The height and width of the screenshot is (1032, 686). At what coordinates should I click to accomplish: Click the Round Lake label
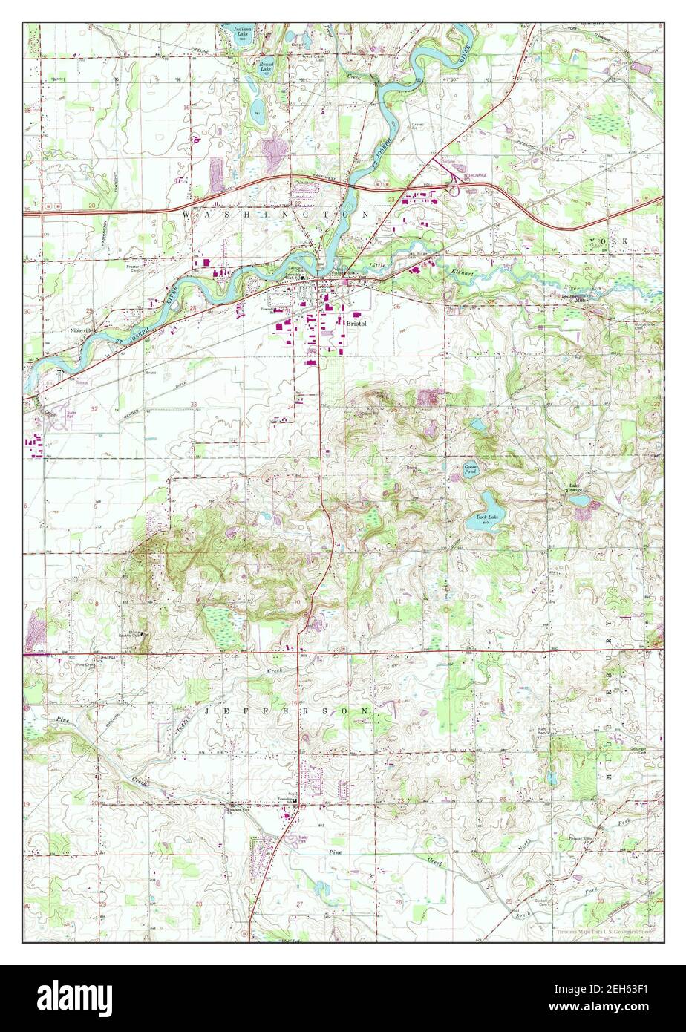click(266, 65)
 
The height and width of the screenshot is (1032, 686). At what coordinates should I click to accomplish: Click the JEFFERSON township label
click(295, 711)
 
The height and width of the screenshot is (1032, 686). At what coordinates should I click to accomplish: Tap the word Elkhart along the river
click(462, 272)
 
